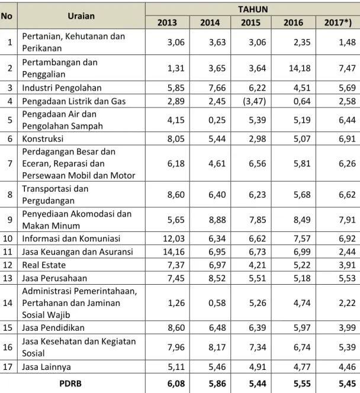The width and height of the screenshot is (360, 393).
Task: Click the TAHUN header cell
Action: pos(253,9)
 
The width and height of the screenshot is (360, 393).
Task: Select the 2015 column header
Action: pos(250,22)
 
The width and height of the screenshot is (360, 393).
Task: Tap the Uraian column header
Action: pos(81,16)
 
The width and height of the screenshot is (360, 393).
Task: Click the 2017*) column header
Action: pos(338,22)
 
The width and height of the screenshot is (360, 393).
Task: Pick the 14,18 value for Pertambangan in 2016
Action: pos(300,68)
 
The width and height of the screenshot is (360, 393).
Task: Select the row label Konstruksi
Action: pos(43,138)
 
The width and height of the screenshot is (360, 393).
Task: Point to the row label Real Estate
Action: pos(44,265)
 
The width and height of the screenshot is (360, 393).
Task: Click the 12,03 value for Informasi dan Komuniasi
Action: pos(173,239)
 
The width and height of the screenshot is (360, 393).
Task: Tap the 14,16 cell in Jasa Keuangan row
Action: pos(173,252)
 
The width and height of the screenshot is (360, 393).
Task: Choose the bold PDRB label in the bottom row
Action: pos(70,384)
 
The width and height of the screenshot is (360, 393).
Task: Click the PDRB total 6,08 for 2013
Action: pos(176,384)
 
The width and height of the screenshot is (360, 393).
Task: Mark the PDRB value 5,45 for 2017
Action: pos(347,384)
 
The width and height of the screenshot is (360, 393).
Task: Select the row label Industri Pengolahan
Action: pos(62,88)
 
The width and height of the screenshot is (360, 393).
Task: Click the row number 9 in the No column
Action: pos(10,220)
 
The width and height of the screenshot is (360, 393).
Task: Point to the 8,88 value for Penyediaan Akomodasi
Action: pos(217,220)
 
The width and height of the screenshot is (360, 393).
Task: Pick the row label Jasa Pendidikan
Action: pos(53,327)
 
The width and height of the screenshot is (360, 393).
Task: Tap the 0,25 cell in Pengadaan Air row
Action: pos(217,120)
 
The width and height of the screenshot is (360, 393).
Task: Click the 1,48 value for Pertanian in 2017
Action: pos(347,42)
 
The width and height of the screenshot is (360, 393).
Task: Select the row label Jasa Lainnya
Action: pos(46,367)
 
